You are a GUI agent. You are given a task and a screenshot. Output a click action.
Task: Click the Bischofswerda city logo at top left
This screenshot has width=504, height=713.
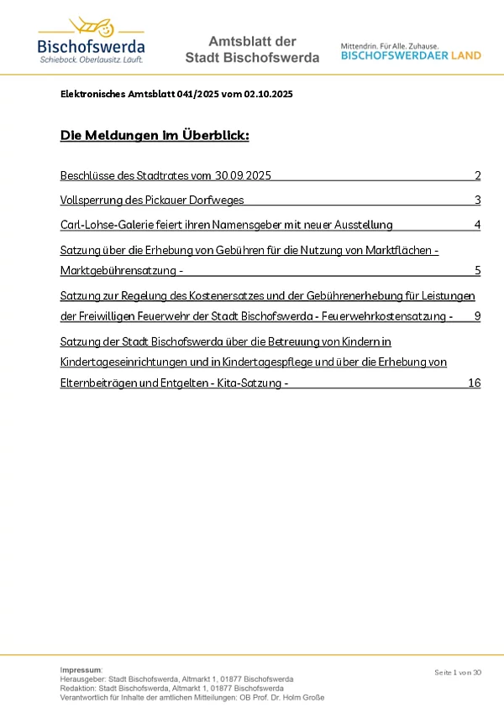coord(91,41)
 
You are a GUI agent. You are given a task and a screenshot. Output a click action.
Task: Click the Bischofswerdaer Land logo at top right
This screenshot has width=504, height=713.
coord(411,51)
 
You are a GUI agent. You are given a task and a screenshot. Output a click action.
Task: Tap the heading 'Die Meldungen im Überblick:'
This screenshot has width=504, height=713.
coord(155,136)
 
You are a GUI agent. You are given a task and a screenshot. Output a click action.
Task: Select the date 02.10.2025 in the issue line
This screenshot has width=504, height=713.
coord(268,95)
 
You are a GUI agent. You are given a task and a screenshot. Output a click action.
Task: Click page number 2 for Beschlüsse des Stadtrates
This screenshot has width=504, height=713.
coord(477,176)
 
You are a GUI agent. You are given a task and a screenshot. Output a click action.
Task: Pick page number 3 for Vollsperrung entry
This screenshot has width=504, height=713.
coord(477,200)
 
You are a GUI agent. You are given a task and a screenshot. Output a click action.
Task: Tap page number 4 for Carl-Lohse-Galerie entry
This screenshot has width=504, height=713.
coord(477,225)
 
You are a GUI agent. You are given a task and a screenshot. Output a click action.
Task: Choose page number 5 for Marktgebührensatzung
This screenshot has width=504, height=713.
coord(477,271)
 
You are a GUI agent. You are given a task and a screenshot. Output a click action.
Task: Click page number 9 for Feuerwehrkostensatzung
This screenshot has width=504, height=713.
coord(477,316)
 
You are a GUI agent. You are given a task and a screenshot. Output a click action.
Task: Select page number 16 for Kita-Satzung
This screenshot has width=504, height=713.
coord(474,383)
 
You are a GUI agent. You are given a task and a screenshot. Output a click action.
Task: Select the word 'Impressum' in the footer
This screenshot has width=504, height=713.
coord(80,669)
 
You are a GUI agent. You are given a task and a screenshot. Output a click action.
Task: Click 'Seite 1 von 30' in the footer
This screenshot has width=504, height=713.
coord(458,673)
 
